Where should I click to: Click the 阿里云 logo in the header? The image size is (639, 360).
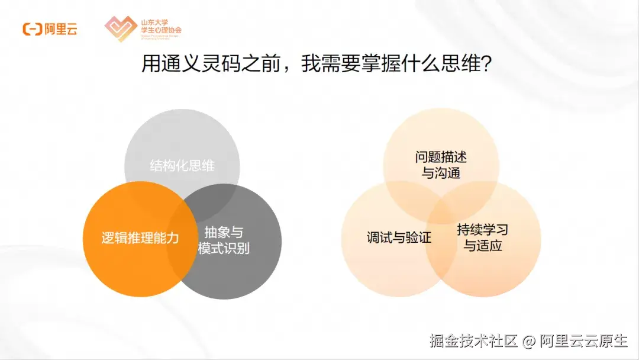click(x=50, y=29)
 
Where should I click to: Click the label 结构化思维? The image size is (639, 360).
click(x=182, y=166)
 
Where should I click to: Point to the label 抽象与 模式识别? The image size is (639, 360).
click(x=224, y=240)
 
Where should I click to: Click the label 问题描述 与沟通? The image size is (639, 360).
click(x=441, y=165)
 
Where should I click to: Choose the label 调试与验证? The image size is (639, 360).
click(x=399, y=238)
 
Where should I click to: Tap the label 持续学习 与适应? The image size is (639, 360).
click(x=482, y=237)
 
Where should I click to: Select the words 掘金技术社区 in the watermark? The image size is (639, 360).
click(x=474, y=341)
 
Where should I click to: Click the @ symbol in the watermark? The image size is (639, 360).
click(x=529, y=342)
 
